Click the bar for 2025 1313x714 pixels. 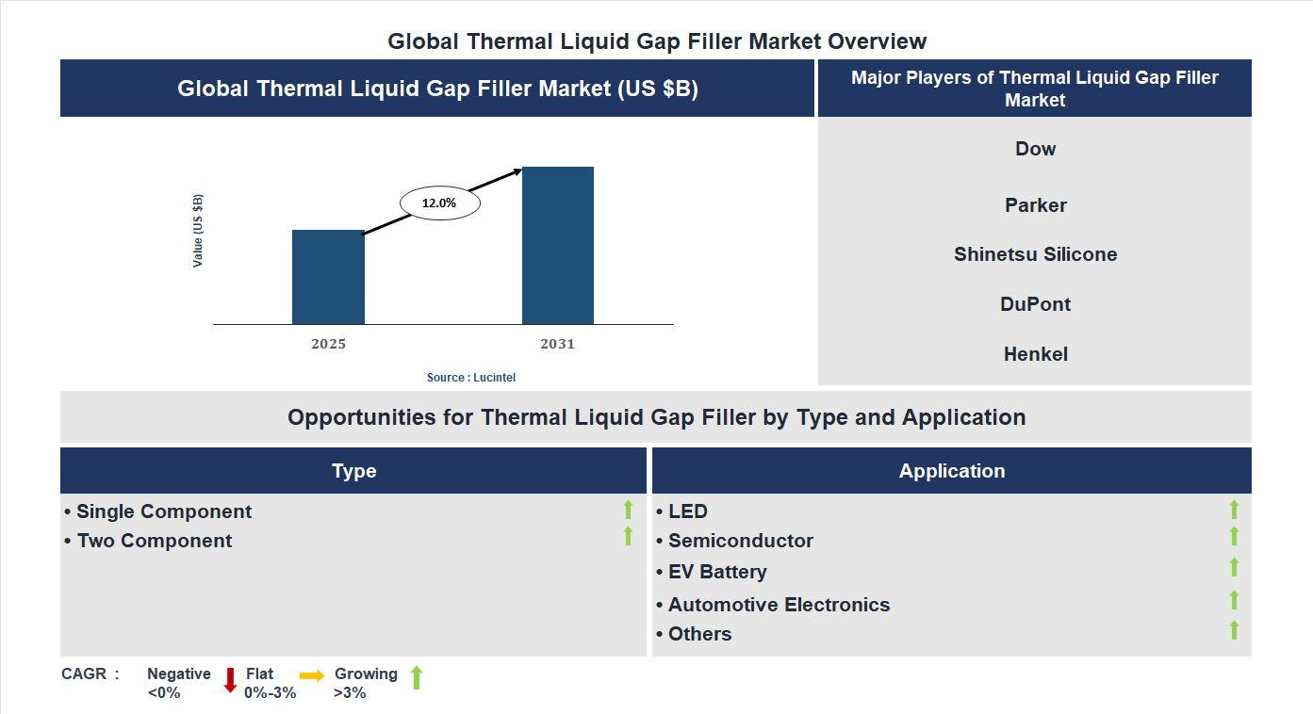pyautogui.click(x=328, y=277)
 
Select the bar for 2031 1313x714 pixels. pyautogui.click(x=558, y=245)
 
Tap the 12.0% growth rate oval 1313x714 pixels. pyautogui.click(x=440, y=203)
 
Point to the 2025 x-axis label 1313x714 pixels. pyautogui.click(x=328, y=344)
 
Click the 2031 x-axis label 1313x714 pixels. pyautogui.click(x=557, y=344)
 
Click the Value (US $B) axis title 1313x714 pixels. pyautogui.click(x=198, y=231)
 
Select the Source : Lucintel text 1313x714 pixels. pyautogui.click(x=471, y=377)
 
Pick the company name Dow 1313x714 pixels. pyautogui.click(x=1035, y=149)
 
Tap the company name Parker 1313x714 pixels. pyautogui.click(x=1035, y=205)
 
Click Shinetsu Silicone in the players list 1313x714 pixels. pyautogui.click(x=1035, y=254)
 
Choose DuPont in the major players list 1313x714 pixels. pyautogui.click(x=1035, y=304)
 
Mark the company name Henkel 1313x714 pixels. pyautogui.click(x=1035, y=354)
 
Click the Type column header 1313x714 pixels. pyautogui.click(x=353, y=471)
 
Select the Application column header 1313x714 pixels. pyautogui.click(x=951, y=471)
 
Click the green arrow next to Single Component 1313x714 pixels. pyautogui.click(x=628, y=511)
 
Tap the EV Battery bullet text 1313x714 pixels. pyautogui.click(x=717, y=572)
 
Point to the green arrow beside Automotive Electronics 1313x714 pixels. pyautogui.click(x=1234, y=600)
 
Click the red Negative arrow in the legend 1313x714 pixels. pyautogui.click(x=230, y=679)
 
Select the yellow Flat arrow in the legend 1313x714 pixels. pyautogui.click(x=312, y=675)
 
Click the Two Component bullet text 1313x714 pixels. pyautogui.click(x=155, y=541)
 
